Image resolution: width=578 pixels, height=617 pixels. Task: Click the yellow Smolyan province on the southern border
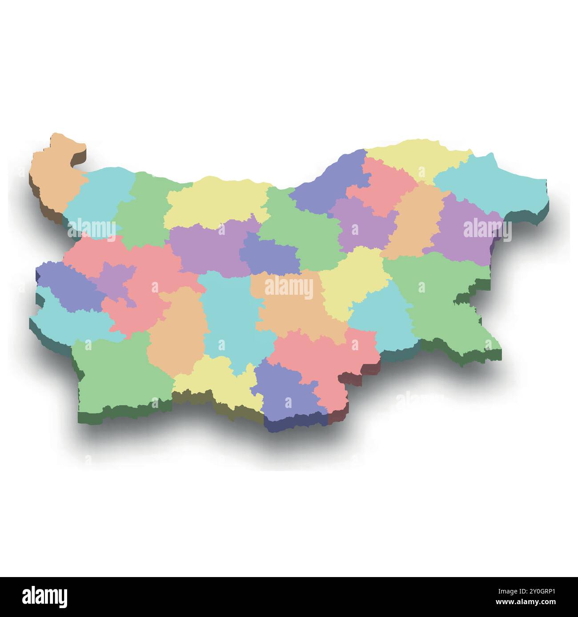(218, 377)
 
